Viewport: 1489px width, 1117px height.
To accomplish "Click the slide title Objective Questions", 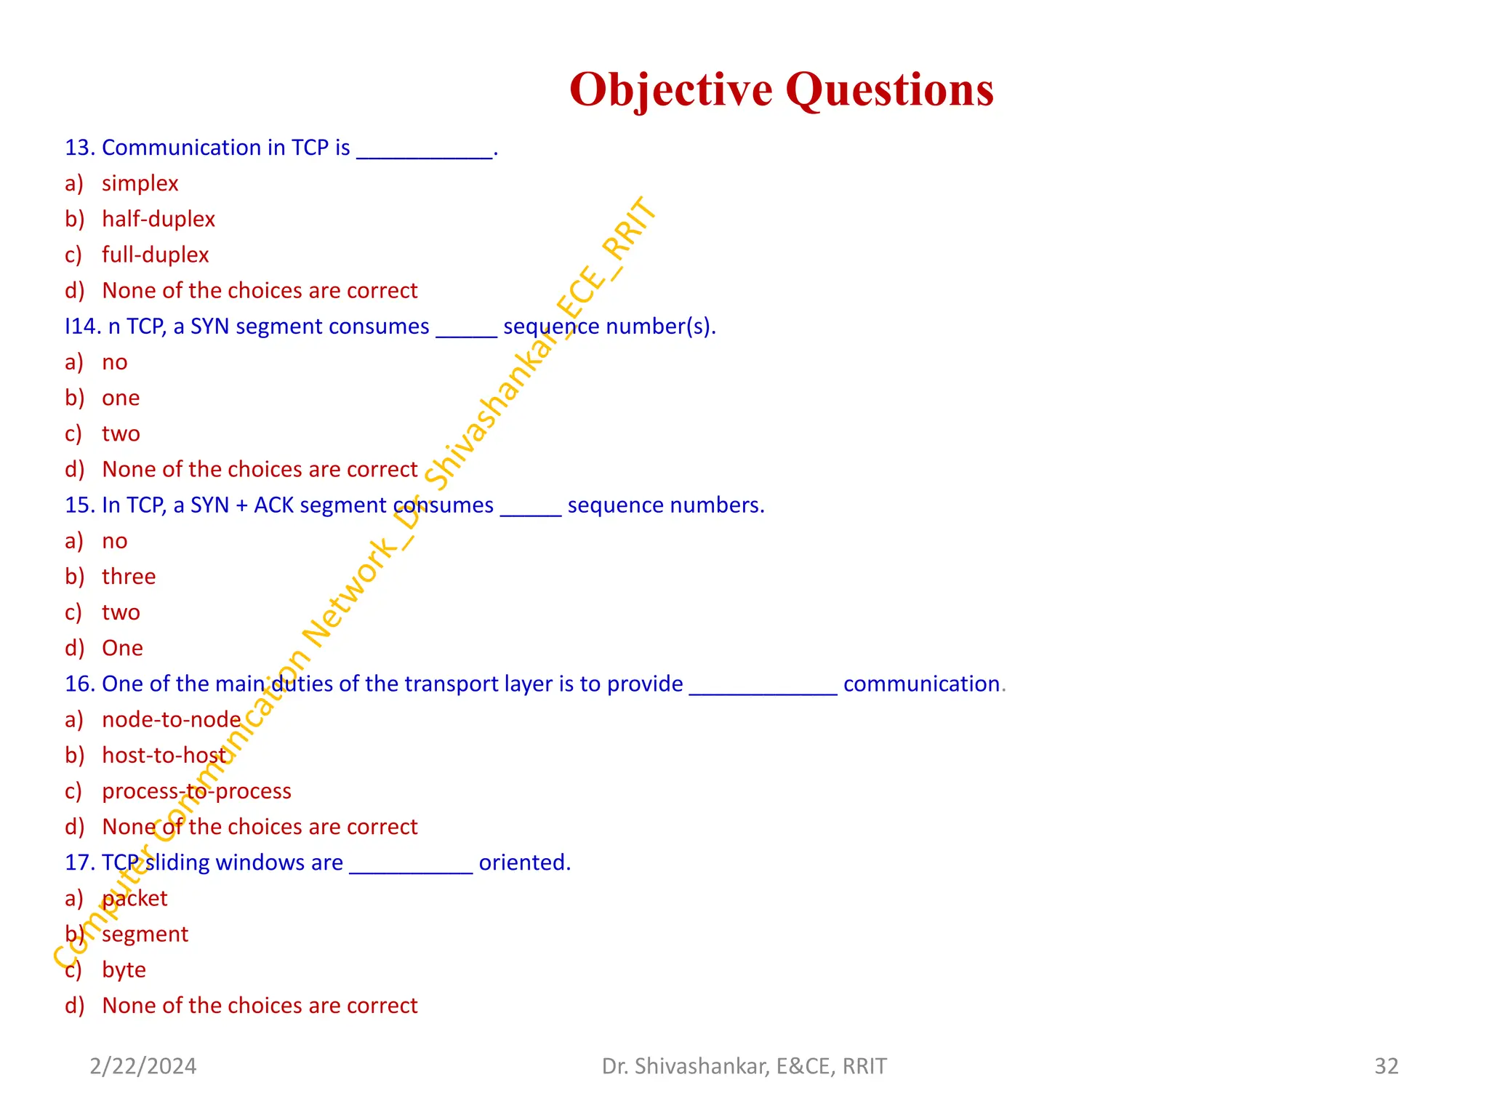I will (x=781, y=89).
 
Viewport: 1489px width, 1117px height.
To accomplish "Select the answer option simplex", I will (x=140, y=183).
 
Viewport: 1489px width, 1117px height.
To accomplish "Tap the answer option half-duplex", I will (x=158, y=219).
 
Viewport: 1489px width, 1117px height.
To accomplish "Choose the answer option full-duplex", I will (x=155, y=255).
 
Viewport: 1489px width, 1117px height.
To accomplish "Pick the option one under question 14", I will (x=121, y=398).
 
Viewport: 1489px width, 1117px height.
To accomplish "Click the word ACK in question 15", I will (x=273, y=505).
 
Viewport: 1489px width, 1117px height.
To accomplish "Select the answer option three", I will (x=129, y=577).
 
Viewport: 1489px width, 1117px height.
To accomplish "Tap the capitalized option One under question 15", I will (x=122, y=648).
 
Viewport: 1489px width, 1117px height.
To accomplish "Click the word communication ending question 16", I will (x=921, y=684).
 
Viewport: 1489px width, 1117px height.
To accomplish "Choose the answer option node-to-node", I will (x=171, y=720).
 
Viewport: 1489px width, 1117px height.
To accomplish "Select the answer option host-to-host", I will (x=164, y=756).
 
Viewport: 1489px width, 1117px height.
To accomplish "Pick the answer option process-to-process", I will (x=196, y=791).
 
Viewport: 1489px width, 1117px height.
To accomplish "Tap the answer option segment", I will (x=145, y=934).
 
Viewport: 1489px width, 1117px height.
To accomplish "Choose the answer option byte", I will (x=124, y=970).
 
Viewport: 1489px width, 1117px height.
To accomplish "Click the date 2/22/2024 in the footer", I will (x=143, y=1066).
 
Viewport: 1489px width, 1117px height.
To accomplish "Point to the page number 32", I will (x=1386, y=1066).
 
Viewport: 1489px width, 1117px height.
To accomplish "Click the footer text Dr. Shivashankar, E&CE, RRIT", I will (x=744, y=1066).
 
